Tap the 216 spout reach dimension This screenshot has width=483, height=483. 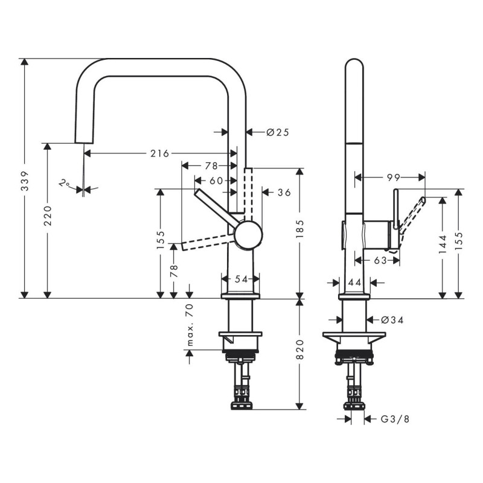[159, 153]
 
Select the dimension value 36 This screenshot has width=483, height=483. [284, 193]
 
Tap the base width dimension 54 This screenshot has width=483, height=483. [241, 278]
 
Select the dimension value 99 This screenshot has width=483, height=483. [394, 177]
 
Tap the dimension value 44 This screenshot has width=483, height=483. [354, 282]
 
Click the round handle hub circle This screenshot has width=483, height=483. [248, 234]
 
